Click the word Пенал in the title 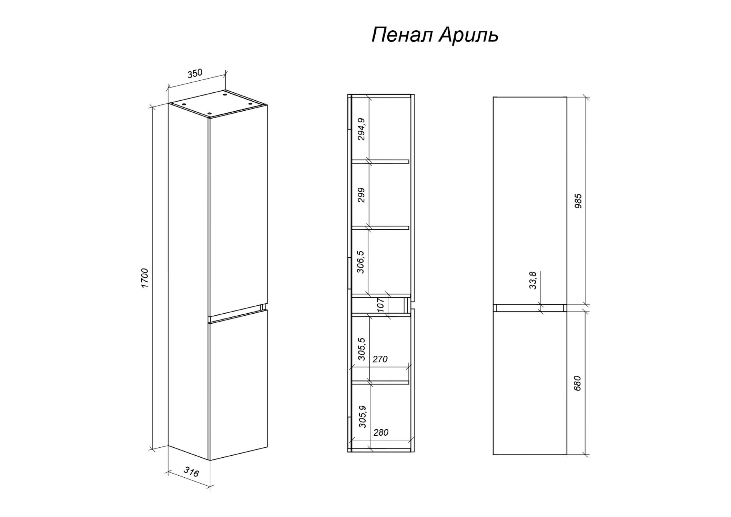point(402,35)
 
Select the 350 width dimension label point(195,74)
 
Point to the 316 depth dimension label point(191,472)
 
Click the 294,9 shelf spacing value point(361,129)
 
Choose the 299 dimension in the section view point(361,195)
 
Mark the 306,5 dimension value point(361,262)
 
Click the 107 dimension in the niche point(380,305)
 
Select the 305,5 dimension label point(361,349)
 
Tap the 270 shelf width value point(380,359)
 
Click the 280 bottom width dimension point(381,433)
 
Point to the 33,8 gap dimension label point(533,280)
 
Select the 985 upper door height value point(578,201)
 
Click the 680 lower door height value point(577,383)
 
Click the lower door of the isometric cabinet point(238,385)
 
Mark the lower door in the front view point(530,383)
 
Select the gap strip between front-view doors point(530,308)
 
